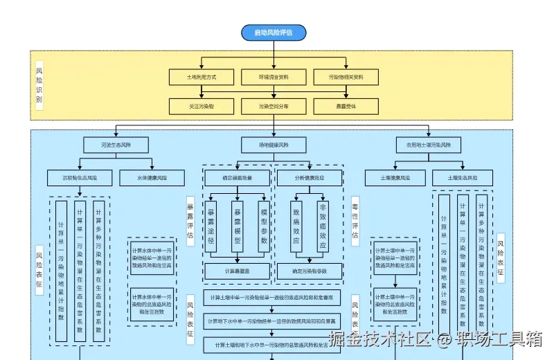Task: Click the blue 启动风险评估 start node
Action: click(x=274, y=33)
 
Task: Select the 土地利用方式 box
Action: click(x=202, y=77)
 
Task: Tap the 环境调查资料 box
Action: click(x=274, y=77)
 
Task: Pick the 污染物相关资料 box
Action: click(x=346, y=77)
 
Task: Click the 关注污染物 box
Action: click(x=202, y=107)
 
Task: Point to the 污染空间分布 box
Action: click(x=274, y=107)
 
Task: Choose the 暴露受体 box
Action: click(x=346, y=107)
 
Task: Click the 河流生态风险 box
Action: click(x=116, y=145)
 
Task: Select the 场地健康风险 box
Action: click(x=274, y=145)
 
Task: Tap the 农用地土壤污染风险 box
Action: click(x=428, y=145)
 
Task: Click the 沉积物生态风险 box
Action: click(x=80, y=178)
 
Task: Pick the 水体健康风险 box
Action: click(x=152, y=178)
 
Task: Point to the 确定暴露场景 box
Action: click(x=238, y=178)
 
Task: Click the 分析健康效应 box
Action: click(x=309, y=178)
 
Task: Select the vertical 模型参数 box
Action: click(x=263, y=226)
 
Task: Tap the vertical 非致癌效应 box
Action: click(x=322, y=226)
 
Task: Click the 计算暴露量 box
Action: click(x=238, y=271)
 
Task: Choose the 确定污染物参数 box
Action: click(x=309, y=271)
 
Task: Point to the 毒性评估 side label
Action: click(x=355, y=220)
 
